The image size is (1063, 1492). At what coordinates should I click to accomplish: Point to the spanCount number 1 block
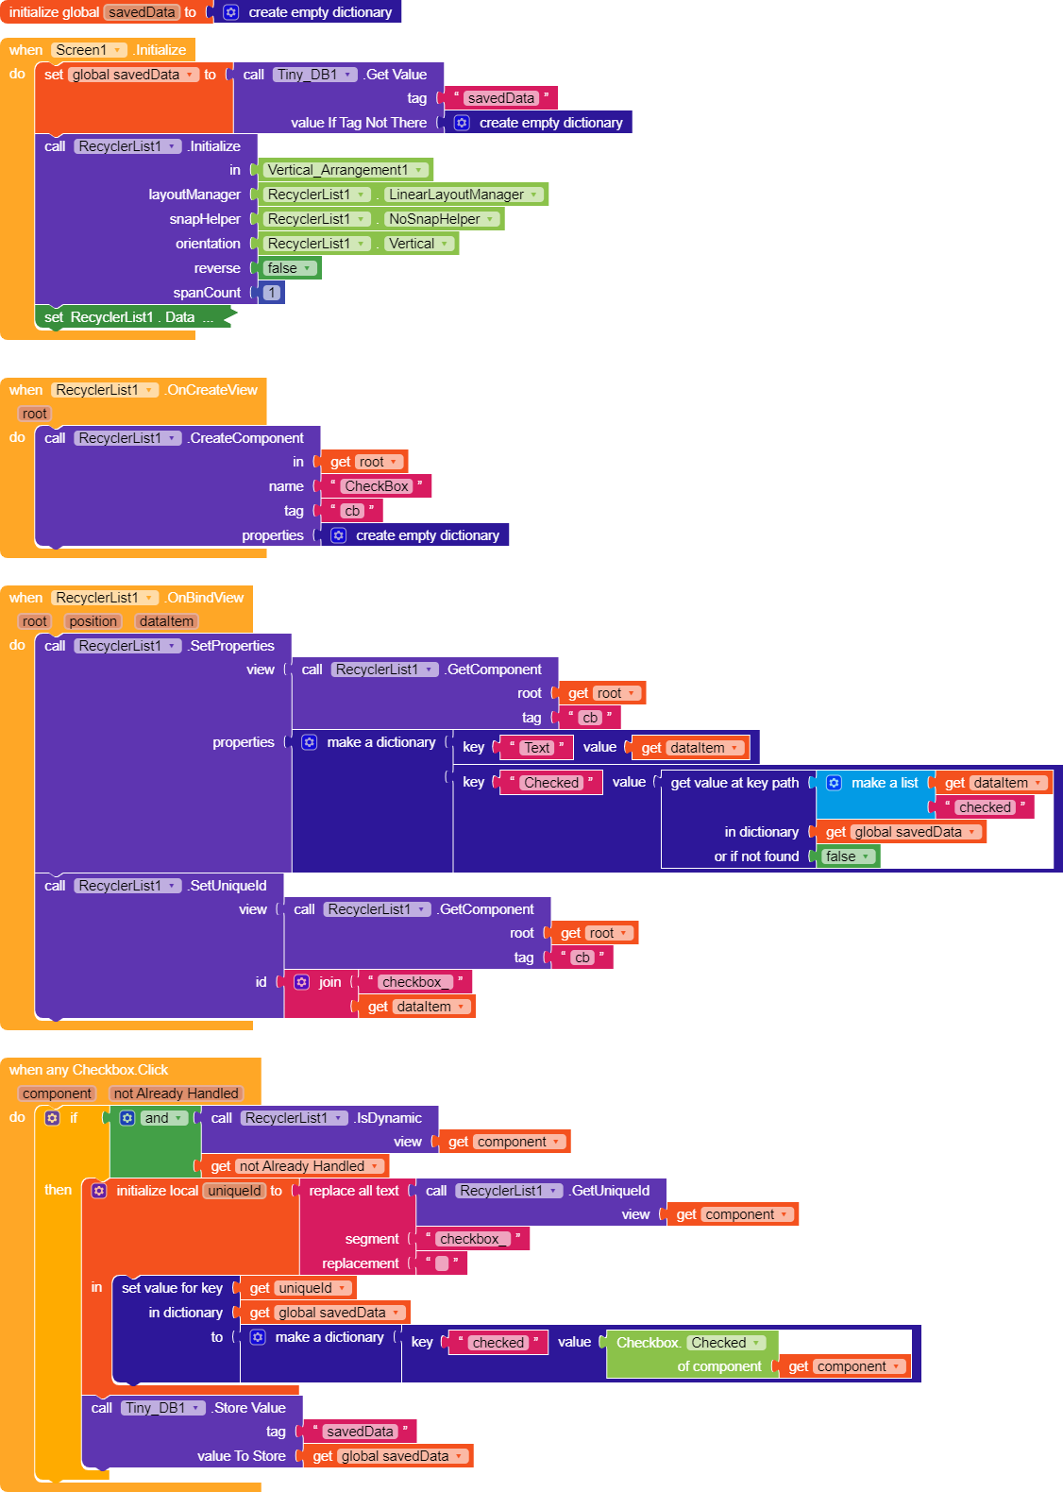[x=272, y=293]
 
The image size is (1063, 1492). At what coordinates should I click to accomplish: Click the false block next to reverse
[x=289, y=268]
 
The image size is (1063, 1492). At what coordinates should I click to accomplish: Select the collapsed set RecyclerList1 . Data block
[x=132, y=317]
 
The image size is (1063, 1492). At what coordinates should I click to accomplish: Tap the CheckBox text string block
[x=376, y=486]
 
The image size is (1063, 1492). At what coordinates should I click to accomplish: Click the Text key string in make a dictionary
[x=536, y=748]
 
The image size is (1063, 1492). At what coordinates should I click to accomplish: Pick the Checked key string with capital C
[x=551, y=783]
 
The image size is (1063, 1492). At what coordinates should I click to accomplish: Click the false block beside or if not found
[x=847, y=856]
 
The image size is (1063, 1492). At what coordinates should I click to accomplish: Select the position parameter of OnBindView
[x=93, y=621]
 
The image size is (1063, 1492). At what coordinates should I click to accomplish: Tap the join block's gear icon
[x=301, y=982]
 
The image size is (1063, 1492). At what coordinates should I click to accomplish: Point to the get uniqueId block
[x=296, y=1288]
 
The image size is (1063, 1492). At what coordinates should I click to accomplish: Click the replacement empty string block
[x=441, y=1263]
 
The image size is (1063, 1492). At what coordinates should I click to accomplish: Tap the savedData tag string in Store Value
[x=360, y=1432]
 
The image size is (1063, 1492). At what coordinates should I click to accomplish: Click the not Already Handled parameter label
[x=177, y=1094]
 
